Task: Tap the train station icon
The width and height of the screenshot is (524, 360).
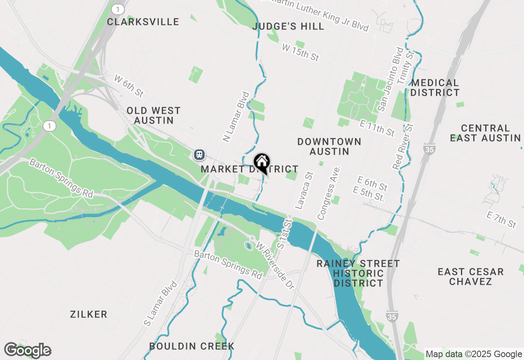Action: tap(199, 154)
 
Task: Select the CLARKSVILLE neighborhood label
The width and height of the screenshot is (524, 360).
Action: tap(143, 22)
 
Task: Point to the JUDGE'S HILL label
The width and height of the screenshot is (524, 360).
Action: tap(289, 27)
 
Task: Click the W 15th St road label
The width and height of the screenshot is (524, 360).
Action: tap(300, 52)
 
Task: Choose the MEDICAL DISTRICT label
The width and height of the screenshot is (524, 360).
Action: tap(435, 88)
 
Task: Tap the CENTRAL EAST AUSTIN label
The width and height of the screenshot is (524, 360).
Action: tap(485, 133)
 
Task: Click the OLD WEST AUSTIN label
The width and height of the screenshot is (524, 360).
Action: tap(154, 115)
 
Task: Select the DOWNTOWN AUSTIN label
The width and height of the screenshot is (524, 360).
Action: tap(329, 146)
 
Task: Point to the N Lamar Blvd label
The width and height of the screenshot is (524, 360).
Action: tap(236, 117)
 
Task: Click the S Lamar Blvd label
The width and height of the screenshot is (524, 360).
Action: tap(160, 303)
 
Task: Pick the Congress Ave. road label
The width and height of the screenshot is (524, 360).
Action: tap(329, 193)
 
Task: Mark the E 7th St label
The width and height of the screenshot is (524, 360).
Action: tap(501, 220)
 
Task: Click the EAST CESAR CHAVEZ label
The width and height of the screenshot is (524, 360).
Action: tap(470, 277)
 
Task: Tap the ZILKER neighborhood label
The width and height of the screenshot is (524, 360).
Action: tap(88, 314)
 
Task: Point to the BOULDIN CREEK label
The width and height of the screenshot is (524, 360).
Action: tap(192, 346)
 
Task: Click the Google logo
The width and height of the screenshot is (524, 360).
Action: tap(27, 350)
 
